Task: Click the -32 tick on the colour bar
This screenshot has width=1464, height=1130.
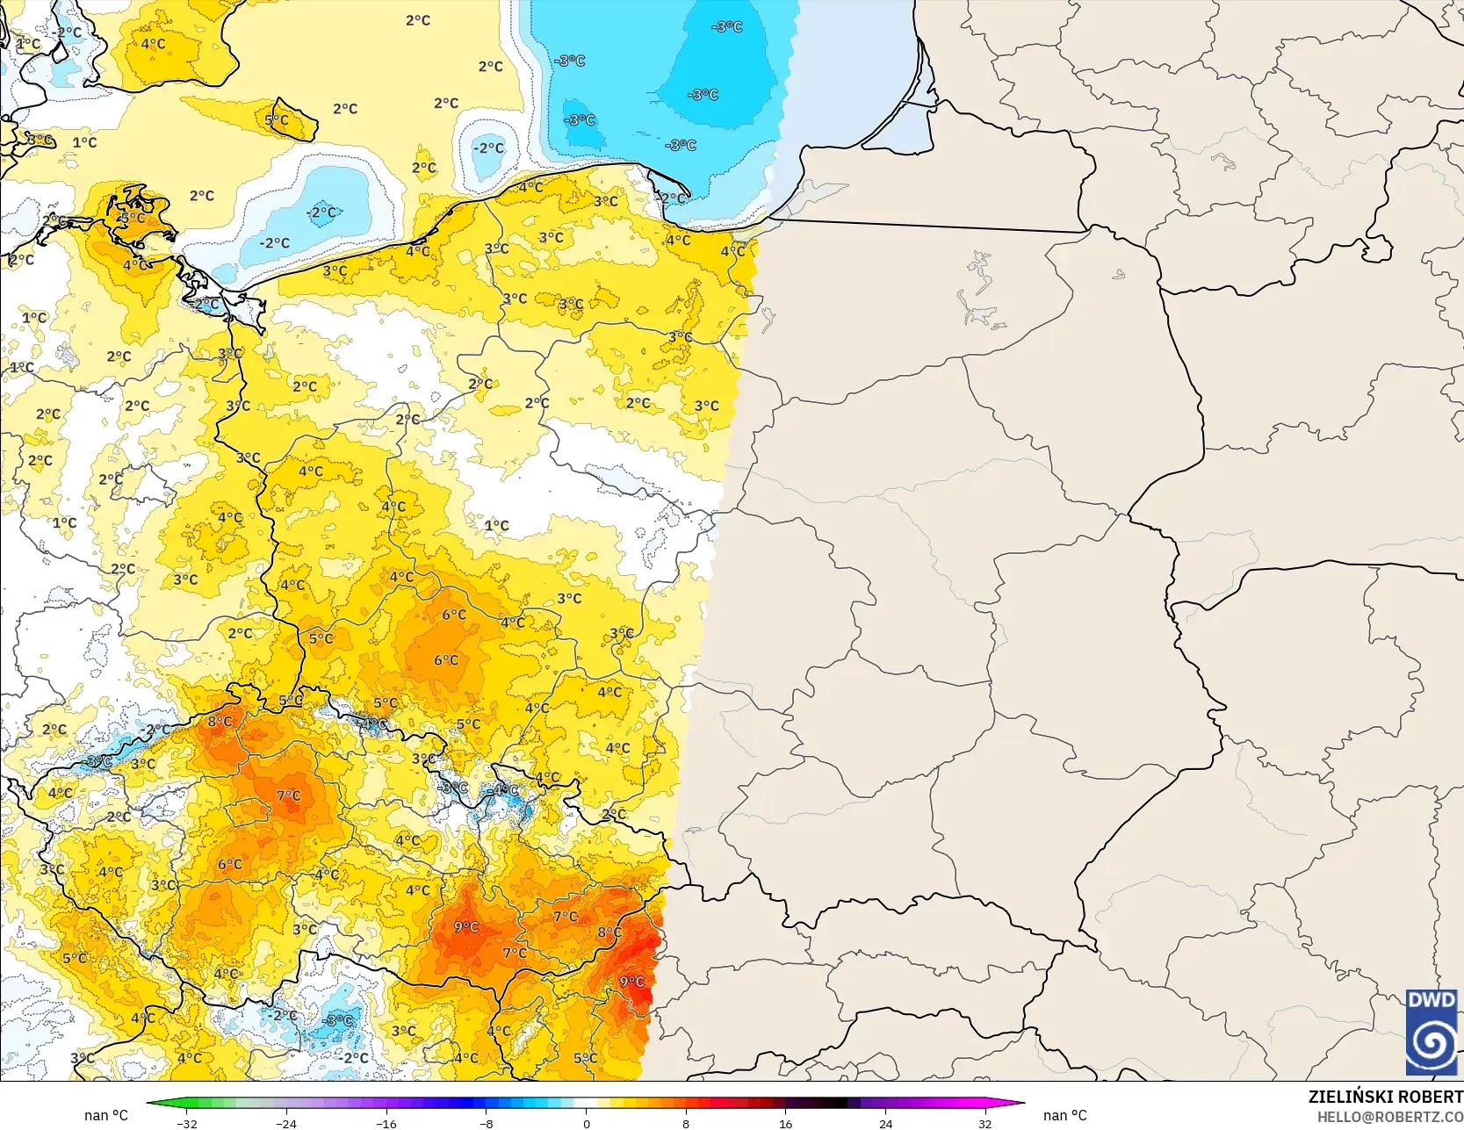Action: [x=186, y=1123]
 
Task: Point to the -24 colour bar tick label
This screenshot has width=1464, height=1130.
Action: [x=286, y=1123]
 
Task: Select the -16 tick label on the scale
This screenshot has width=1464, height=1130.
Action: [x=386, y=1123]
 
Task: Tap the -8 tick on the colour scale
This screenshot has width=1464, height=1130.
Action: [x=486, y=1123]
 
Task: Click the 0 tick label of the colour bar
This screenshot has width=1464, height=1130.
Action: [x=586, y=1123]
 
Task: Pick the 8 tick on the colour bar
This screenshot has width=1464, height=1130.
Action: [x=686, y=1123]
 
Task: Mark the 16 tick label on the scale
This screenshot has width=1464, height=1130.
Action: [x=785, y=1123]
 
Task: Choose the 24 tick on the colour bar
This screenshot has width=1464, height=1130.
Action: [x=885, y=1123]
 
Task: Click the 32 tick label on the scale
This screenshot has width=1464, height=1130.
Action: [x=984, y=1123]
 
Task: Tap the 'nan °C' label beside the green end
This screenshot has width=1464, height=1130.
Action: [x=106, y=1115]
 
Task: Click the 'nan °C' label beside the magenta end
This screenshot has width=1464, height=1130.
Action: [x=1064, y=1115]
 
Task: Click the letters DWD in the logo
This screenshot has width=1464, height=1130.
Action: [x=1431, y=1000]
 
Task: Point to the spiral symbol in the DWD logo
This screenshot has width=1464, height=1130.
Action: [x=1432, y=1043]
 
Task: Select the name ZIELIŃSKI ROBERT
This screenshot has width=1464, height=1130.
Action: [x=1385, y=1097]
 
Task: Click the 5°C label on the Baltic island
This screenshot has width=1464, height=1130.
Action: [x=277, y=120]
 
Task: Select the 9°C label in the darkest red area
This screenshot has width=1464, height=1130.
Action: [x=631, y=982]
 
